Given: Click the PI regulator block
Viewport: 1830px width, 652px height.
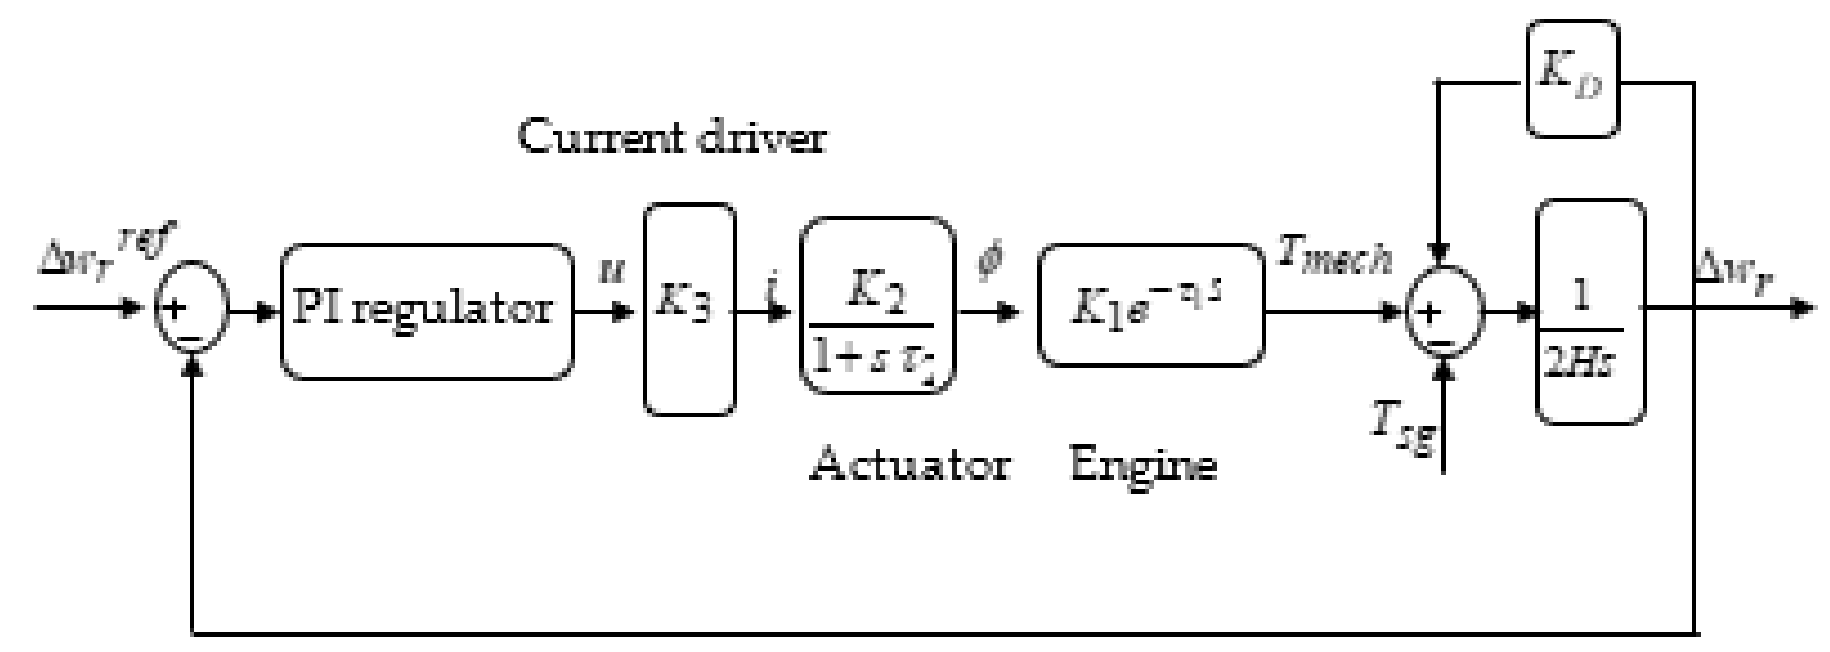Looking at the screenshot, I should tap(427, 311).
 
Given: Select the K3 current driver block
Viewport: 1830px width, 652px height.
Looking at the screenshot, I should tap(689, 309).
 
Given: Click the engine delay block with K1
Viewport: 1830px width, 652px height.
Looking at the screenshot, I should tap(1151, 306).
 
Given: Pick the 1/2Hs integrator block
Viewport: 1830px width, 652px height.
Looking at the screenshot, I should tap(1590, 311).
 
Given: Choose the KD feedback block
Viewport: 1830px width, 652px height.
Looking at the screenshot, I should tap(1573, 78).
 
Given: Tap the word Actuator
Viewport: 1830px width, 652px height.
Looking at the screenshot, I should tap(909, 465).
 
